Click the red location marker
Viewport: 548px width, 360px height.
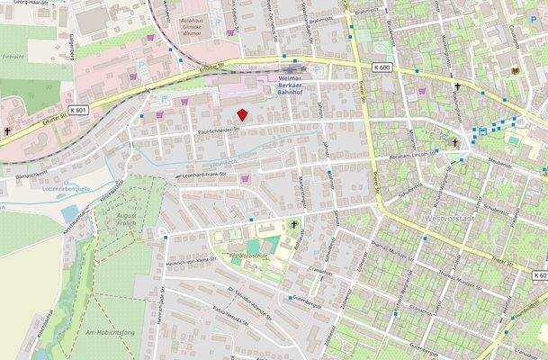[241, 114]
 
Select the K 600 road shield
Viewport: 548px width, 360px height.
[382, 67]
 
